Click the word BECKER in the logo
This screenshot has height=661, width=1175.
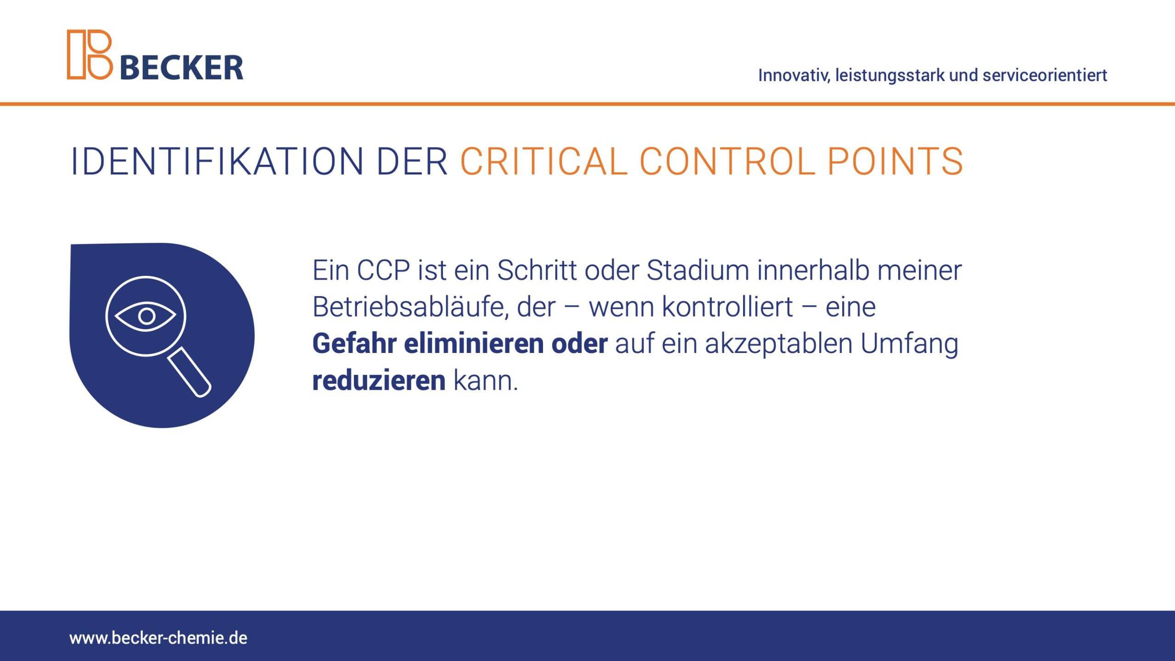coord(182,68)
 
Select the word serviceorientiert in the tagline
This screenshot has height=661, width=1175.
coord(1045,75)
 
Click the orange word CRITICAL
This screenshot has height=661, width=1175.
coord(544,162)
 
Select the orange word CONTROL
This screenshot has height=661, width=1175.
coord(727,162)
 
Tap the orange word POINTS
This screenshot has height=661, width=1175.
coord(895,162)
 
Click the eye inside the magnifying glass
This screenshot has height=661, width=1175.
coord(145,316)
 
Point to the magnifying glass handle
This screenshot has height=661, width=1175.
coord(189,372)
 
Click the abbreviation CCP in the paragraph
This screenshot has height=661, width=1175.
coord(383,270)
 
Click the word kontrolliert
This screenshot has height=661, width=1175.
coord(727,307)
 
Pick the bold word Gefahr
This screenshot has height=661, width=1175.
coord(354,343)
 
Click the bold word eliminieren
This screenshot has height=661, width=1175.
coord(474,343)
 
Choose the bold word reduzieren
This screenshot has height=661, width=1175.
coord(379,381)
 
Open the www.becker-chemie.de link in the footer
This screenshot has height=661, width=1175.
coord(158,638)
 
